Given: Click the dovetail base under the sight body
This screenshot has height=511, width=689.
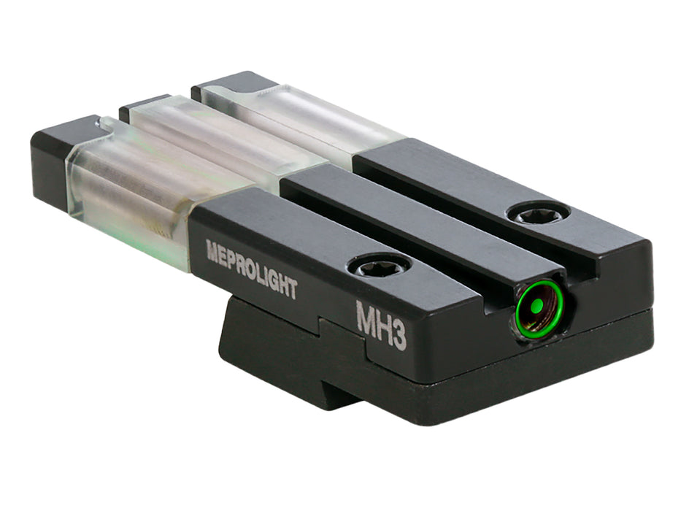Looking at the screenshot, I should click(x=292, y=350).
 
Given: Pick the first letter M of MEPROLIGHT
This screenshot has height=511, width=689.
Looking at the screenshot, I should click(x=213, y=250).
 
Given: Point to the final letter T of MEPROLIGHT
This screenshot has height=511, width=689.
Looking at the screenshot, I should click(x=292, y=289).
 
